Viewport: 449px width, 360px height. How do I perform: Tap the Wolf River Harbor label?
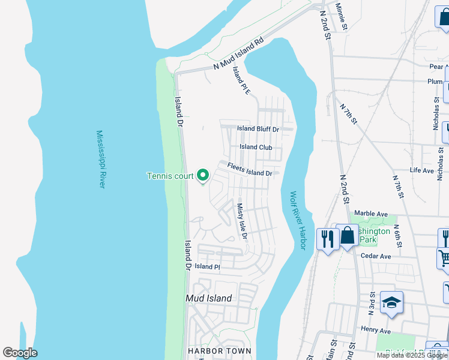298,221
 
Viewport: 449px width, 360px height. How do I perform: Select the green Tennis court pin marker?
203,175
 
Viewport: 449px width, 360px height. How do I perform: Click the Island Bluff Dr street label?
258,129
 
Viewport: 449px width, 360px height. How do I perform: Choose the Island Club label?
256,147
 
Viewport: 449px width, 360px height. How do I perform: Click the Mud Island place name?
209,298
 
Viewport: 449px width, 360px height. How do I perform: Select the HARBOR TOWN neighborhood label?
218,351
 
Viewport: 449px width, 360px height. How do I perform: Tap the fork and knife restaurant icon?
327,239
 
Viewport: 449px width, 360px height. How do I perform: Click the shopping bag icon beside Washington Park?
348,236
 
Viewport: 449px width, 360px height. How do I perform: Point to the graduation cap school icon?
391,303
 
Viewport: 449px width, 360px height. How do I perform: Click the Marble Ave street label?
371,214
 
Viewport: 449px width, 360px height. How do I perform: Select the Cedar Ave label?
376,256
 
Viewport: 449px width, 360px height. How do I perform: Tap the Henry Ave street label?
376,331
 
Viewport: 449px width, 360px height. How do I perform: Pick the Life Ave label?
421,171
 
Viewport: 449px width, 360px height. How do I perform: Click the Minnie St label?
342,17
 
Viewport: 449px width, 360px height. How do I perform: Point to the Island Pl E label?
241,80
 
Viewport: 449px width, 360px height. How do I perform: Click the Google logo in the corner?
20,353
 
